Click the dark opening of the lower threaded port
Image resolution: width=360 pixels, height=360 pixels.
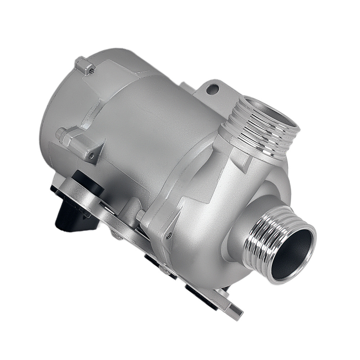coord(291,253)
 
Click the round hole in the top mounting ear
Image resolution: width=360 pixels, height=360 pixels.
coord(213,87)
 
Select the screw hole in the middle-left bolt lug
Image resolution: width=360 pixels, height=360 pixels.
coord(91,156)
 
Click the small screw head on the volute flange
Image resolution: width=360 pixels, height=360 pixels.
coord(168,236)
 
